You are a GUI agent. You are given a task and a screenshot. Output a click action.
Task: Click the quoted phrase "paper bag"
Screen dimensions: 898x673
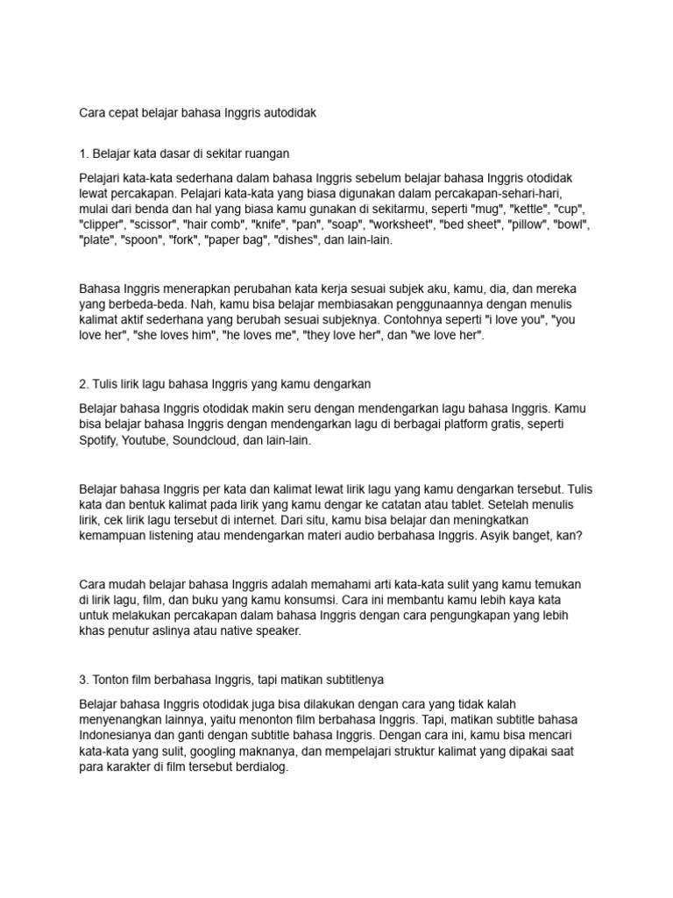click(x=236, y=239)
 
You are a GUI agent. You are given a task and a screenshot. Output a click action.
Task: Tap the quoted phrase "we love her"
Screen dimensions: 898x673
click(x=444, y=336)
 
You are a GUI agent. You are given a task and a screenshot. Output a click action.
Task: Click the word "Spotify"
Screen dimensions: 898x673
click(x=101, y=441)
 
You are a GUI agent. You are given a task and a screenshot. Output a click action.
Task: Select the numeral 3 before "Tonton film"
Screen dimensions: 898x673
click(x=82, y=680)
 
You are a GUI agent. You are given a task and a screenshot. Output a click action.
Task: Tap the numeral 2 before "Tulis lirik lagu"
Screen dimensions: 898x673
click(x=82, y=383)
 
